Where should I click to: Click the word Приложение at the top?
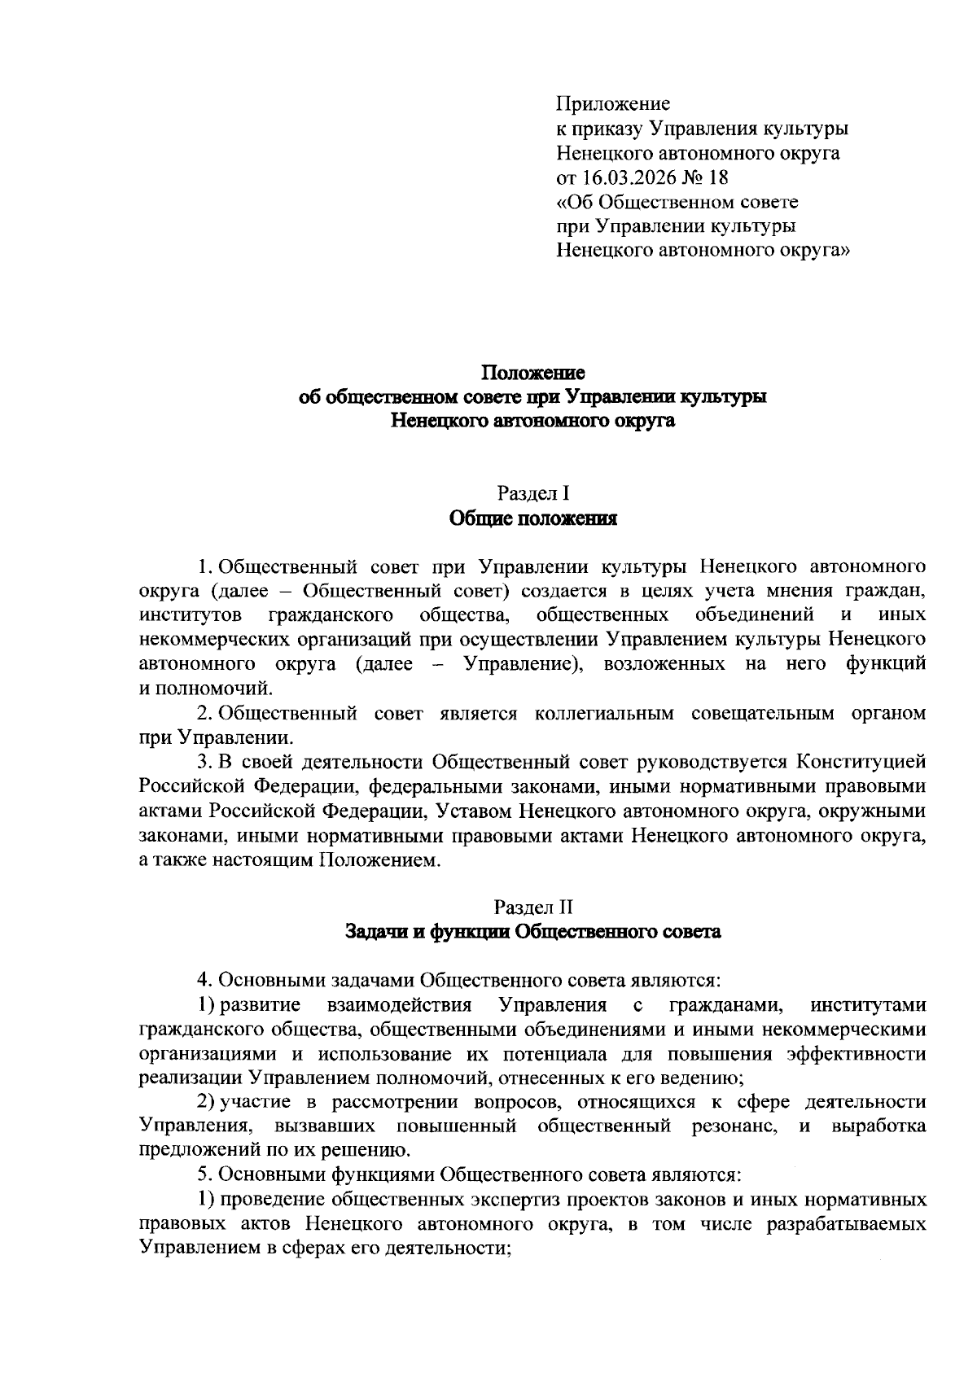pos(613,103)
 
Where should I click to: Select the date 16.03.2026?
pos(627,177)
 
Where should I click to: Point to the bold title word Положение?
pos(532,373)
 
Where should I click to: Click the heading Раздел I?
pos(532,493)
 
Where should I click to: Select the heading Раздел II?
pos(532,907)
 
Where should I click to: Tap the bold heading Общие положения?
pos(532,518)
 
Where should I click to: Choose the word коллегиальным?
pos(605,713)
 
